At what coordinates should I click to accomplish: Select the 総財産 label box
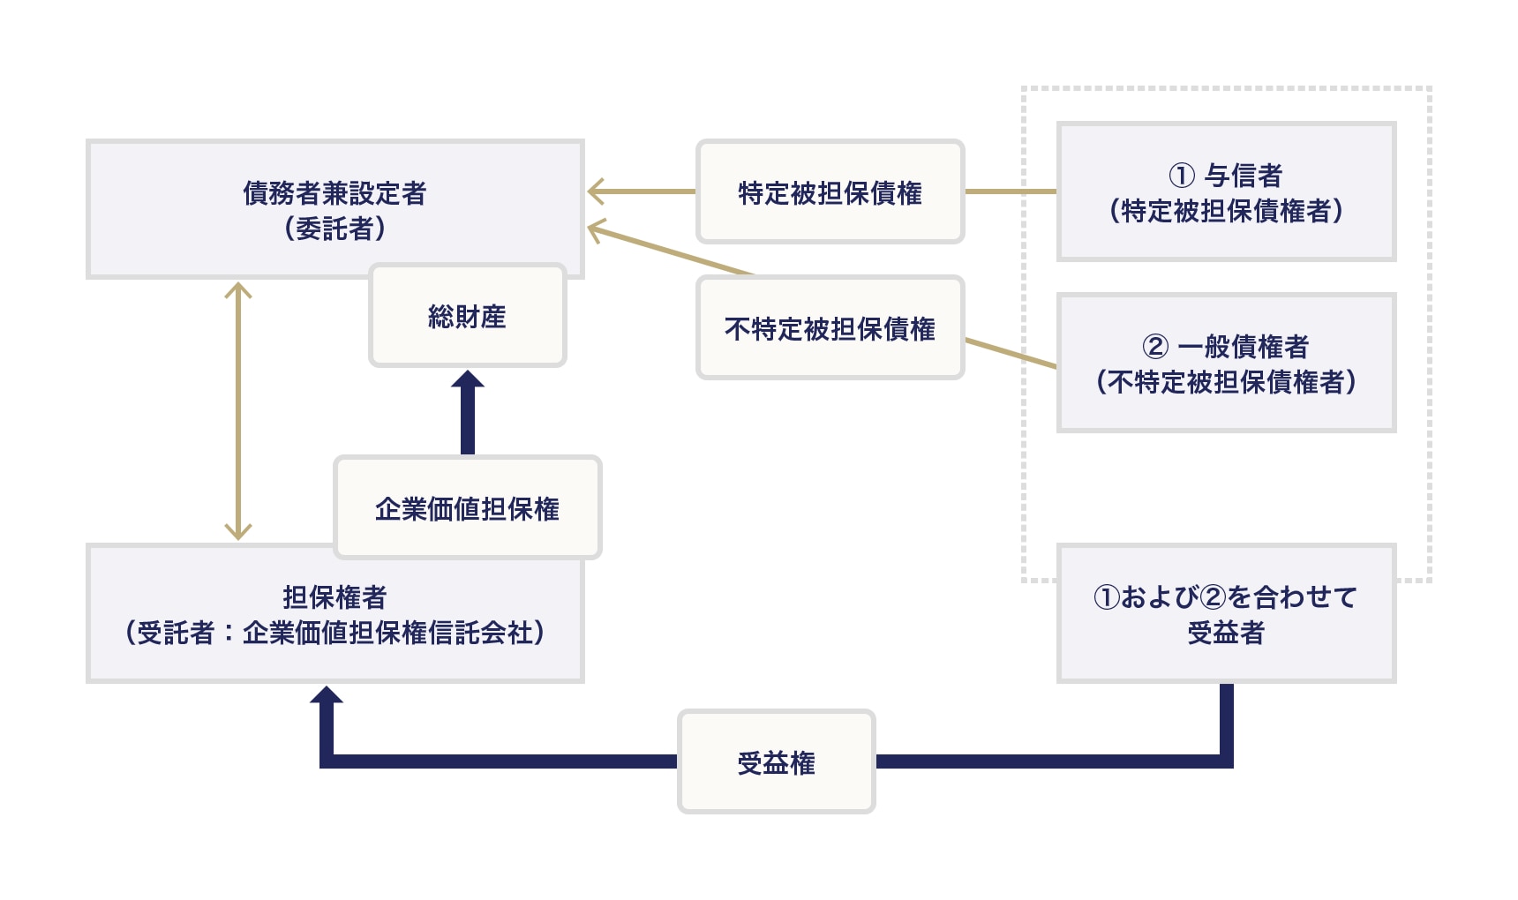(467, 316)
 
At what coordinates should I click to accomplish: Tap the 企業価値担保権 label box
(467, 508)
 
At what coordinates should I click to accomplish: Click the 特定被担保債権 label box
(830, 192)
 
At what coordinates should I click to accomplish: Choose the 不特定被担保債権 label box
(830, 328)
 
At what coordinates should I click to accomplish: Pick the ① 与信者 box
(1226, 191)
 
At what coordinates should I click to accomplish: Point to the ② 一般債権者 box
(1226, 363)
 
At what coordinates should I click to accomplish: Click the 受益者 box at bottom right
(1226, 613)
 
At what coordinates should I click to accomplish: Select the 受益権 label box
(776, 761)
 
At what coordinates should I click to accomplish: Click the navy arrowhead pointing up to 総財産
(468, 380)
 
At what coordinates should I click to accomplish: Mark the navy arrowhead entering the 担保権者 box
(327, 696)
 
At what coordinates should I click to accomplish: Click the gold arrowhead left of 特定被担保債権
(597, 191)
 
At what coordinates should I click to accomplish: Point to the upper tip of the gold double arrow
(238, 286)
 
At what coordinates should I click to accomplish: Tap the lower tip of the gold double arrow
(238, 535)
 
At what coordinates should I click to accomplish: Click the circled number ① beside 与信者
(1182, 176)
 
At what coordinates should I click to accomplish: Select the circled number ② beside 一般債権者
(1155, 347)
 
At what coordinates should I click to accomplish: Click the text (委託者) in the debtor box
(334, 229)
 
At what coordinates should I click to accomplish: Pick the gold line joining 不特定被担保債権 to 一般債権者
(1011, 353)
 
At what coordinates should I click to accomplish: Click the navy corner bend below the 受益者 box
(1226, 761)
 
